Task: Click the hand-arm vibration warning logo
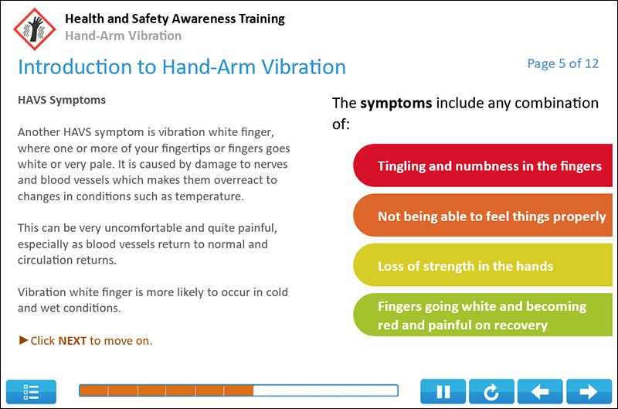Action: (x=35, y=28)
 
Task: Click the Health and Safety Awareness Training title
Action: (x=175, y=19)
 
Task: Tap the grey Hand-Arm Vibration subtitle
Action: (x=124, y=36)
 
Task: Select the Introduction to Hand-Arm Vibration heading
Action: (x=182, y=66)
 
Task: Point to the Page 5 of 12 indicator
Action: (x=562, y=63)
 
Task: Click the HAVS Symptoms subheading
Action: (x=62, y=100)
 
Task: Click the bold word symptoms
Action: (x=396, y=103)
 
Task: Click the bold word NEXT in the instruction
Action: (x=73, y=340)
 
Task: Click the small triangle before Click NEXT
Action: (x=23, y=340)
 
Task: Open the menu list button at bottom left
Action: (x=32, y=391)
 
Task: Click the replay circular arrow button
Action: (x=491, y=391)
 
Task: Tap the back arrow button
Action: (x=540, y=391)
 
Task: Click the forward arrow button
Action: (x=589, y=391)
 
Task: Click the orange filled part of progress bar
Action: (x=166, y=390)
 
